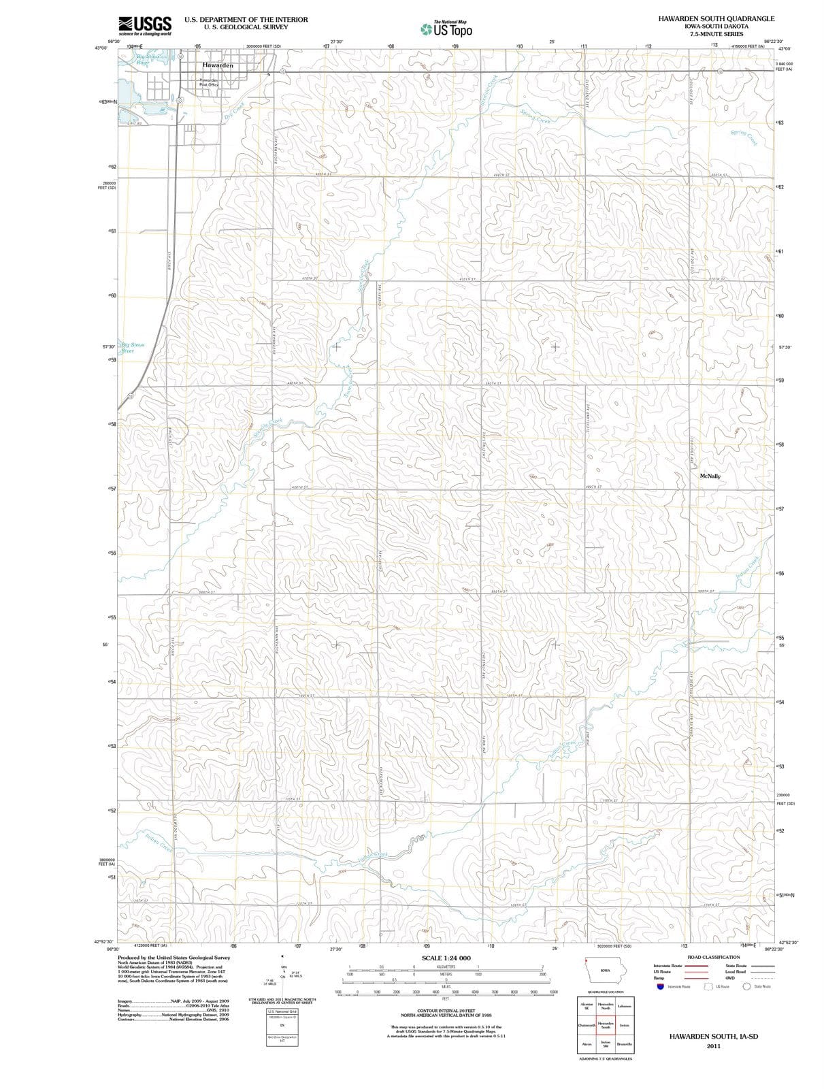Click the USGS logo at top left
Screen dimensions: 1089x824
144,25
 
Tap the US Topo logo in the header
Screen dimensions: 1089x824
446,29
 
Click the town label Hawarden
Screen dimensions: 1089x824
218,65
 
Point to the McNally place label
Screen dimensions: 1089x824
710,476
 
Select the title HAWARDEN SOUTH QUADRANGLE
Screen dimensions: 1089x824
716,18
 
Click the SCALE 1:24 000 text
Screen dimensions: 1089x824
446,958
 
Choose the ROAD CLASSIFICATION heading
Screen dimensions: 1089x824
714,957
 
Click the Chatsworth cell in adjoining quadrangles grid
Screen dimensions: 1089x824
587,1025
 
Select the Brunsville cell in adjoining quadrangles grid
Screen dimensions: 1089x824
625,1044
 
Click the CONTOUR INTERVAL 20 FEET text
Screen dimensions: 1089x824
446,1011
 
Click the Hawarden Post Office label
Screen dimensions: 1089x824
208,82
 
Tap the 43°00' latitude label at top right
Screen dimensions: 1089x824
784,49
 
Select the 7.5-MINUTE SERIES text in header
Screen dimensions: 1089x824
716,33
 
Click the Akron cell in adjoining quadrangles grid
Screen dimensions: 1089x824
587,1044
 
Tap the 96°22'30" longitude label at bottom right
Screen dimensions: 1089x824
776,949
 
